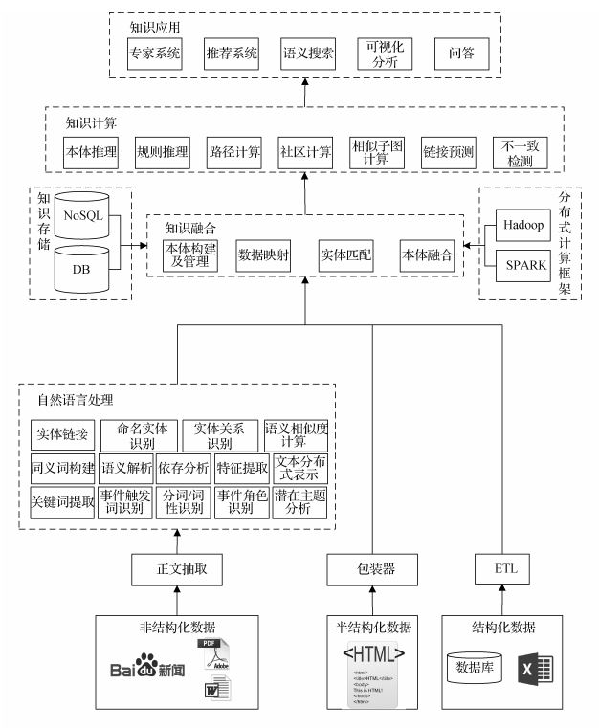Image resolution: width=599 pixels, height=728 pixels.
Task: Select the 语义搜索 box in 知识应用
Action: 308,53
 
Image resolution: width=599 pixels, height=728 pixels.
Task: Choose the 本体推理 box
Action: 89,153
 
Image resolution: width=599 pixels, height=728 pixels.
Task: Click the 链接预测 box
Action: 449,153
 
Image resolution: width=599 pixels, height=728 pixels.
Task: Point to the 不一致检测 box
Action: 521,153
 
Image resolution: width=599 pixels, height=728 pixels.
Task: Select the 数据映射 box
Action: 263,255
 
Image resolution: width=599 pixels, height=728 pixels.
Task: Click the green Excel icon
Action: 535,668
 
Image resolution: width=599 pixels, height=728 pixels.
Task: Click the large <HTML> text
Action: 373,654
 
